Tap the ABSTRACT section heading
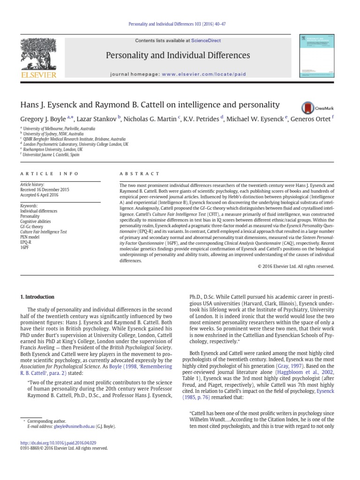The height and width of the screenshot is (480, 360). (134, 173)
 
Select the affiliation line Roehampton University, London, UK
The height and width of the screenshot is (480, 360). (55, 149)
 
